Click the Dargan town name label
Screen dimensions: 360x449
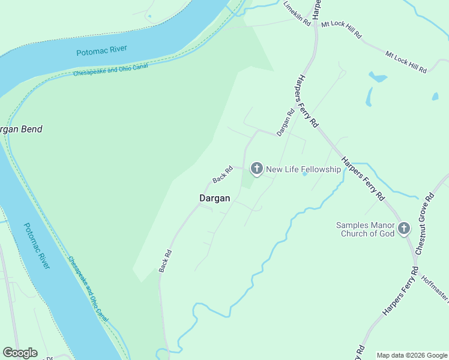coord(214,198)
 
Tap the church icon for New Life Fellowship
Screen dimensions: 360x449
coord(256,169)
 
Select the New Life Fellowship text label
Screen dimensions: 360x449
coord(303,169)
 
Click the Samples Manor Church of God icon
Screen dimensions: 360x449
coord(404,228)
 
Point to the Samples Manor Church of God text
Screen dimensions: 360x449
coord(368,229)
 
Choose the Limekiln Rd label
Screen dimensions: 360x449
coord(297,13)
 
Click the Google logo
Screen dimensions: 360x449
coord(20,353)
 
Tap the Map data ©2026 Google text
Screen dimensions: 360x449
coord(412,355)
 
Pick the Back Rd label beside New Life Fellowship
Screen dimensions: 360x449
coord(222,175)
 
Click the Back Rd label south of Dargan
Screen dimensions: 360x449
coord(166,261)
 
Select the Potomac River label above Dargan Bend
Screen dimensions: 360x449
coord(102,50)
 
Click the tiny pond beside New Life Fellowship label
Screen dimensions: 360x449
coord(304,174)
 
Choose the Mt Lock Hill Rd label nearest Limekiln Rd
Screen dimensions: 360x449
coord(342,30)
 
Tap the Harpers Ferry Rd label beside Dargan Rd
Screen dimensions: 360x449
coord(306,101)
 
